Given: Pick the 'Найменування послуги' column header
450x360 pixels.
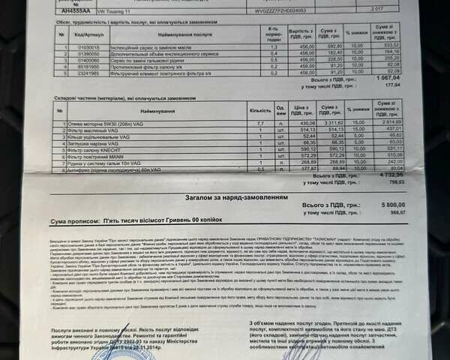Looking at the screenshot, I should (x=180, y=34).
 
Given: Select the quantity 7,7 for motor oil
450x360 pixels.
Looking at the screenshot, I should (x=260, y=122).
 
